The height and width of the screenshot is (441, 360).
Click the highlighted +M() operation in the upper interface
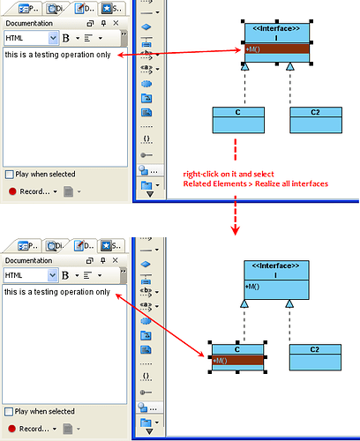point(277,49)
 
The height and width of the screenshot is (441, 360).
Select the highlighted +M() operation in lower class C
point(237,361)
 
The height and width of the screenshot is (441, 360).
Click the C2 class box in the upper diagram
point(316,120)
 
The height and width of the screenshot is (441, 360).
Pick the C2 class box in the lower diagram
point(315,357)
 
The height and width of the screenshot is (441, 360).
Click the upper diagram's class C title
point(238,112)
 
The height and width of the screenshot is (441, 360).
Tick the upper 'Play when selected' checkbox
point(10,175)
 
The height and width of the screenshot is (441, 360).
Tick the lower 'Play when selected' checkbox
point(9,412)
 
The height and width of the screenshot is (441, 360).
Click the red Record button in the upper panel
point(12,191)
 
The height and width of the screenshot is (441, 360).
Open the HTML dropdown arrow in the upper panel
point(53,38)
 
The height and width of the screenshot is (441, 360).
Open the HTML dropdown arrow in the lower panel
point(53,275)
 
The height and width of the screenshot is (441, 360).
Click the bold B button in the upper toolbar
point(66,38)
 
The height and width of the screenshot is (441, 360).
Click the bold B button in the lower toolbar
point(65,275)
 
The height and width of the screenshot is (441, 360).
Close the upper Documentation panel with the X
point(116,23)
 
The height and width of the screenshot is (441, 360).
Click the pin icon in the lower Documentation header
point(103,260)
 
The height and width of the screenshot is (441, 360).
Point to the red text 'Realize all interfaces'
point(291,183)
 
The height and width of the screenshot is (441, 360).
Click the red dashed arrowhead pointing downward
point(236,230)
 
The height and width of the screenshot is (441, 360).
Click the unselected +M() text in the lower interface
point(252,287)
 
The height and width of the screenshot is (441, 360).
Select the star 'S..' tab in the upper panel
point(112,9)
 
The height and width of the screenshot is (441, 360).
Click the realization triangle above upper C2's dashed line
point(290,66)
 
